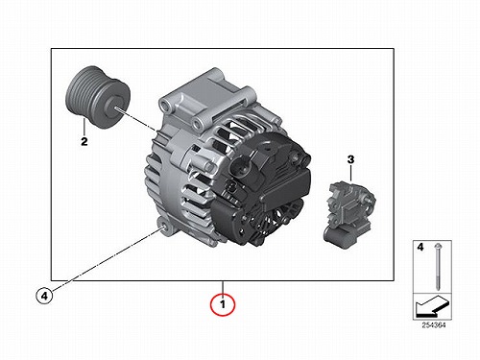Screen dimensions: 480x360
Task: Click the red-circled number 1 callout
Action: (x=223, y=304)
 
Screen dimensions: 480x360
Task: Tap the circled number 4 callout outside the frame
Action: (x=44, y=296)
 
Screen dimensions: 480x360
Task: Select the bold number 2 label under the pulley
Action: (x=84, y=141)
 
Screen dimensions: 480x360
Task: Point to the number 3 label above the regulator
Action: (x=351, y=159)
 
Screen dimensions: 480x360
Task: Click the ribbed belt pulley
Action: (x=98, y=97)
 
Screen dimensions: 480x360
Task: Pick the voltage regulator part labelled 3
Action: (x=349, y=215)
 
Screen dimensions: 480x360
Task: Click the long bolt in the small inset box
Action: (x=438, y=267)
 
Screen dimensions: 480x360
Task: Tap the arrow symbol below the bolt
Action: (x=432, y=305)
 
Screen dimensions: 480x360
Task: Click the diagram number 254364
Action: (x=433, y=325)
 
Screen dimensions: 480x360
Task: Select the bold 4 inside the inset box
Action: (x=420, y=247)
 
